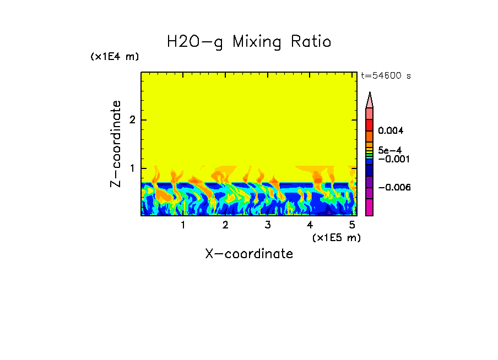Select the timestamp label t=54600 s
[x=386, y=76]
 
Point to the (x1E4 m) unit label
[x=115, y=57]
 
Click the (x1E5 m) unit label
[x=336, y=237]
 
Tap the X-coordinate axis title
[x=249, y=254]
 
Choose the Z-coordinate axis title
[x=116, y=144]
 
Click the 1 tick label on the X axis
[x=183, y=225]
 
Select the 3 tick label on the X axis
[x=267, y=225]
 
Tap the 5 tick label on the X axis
[x=351, y=225]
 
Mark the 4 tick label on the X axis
[x=310, y=225]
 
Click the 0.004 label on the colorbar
[x=391, y=131]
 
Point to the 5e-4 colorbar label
[x=390, y=150]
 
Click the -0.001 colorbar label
[x=393, y=159]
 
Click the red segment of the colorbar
[x=370, y=124]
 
